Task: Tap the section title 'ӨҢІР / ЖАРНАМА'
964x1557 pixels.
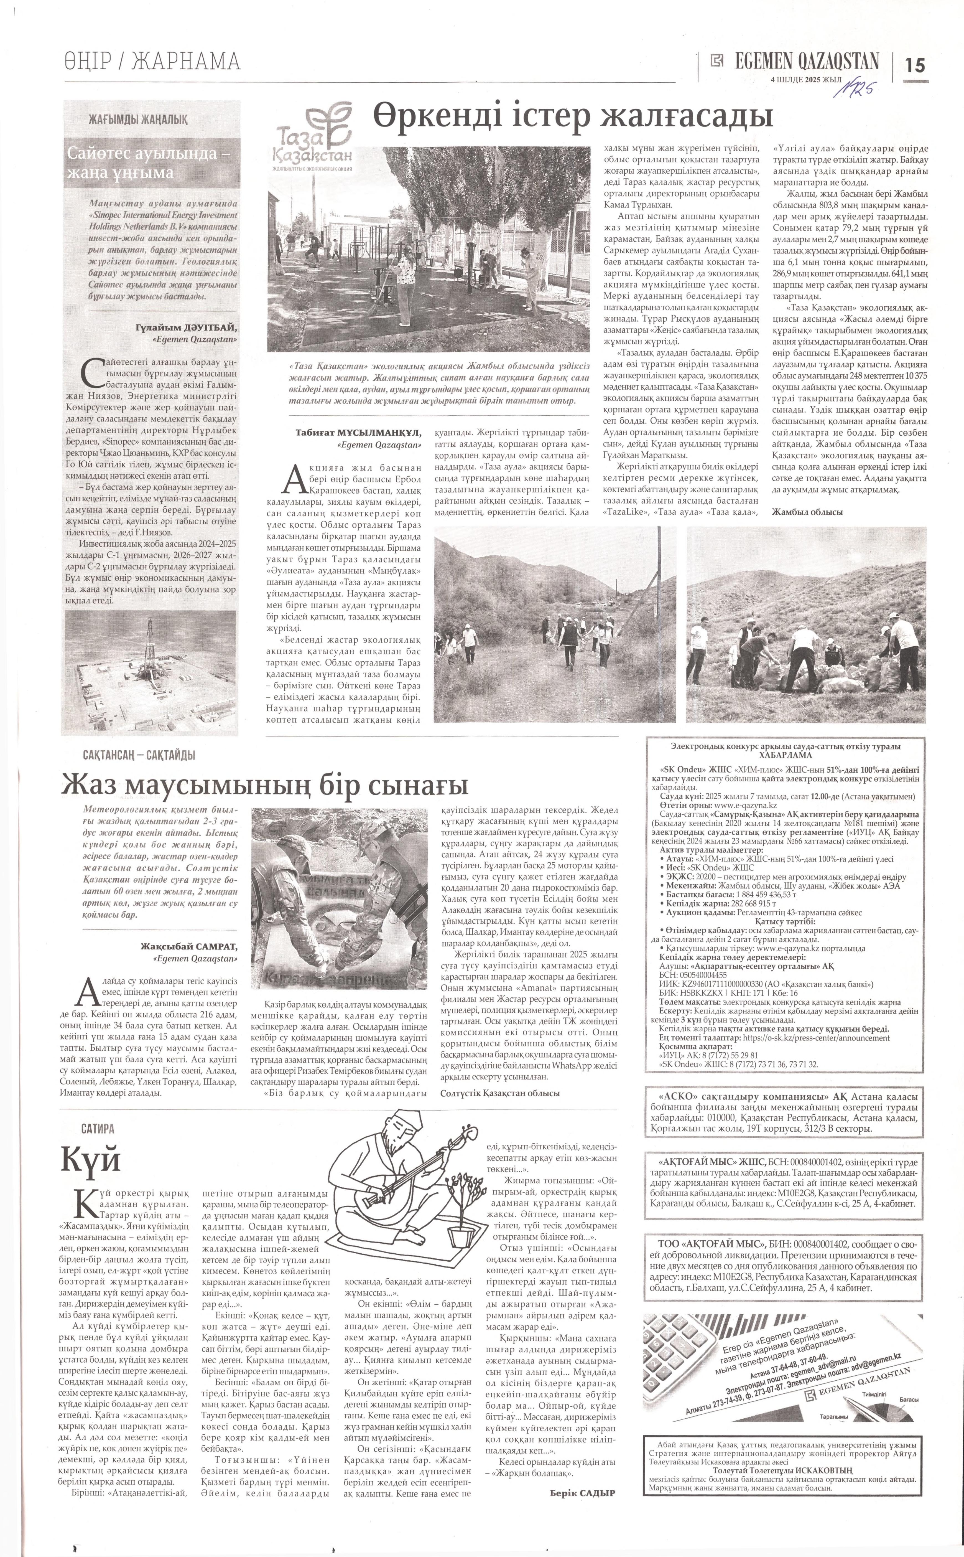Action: [x=152, y=62]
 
